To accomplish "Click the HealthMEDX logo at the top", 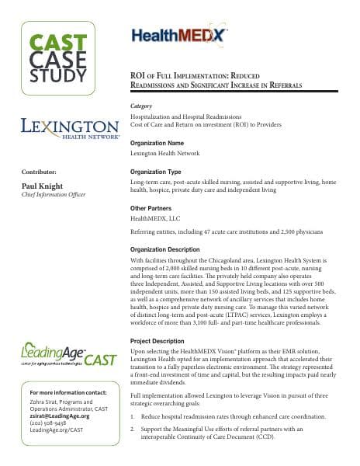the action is click(180, 35).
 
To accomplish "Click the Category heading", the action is click(141, 104).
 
